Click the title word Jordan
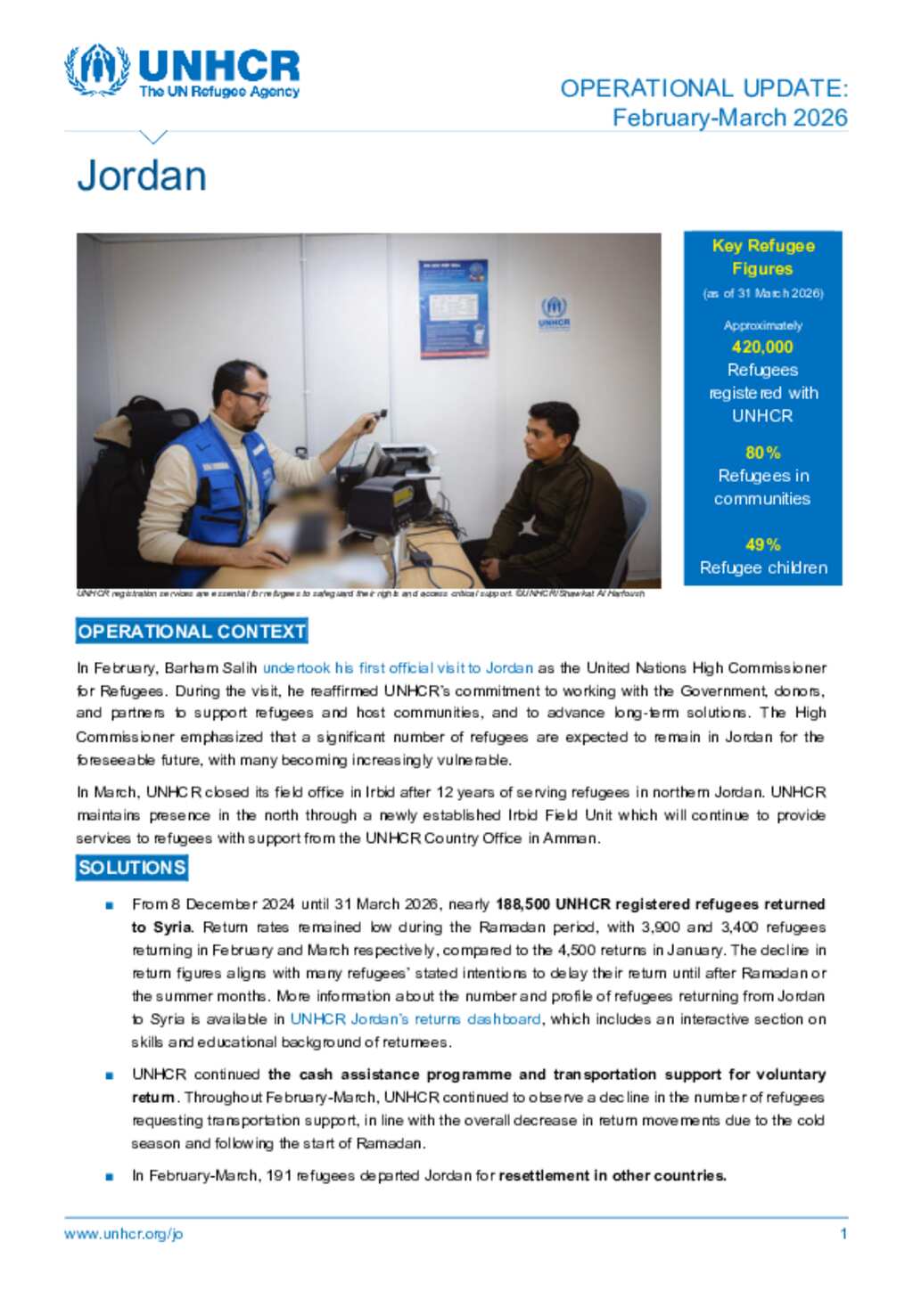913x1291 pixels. [142, 176]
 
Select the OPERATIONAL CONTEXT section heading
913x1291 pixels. [192, 632]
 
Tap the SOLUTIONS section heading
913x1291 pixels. [132, 868]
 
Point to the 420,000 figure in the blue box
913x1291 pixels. [762, 347]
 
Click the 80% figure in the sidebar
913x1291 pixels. [762, 453]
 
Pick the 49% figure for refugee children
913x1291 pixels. [762, 544]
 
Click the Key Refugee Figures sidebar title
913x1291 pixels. [762, 257]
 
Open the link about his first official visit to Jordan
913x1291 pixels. [398, 668]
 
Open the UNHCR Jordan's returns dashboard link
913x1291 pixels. [415, 1019]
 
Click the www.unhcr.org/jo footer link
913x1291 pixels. [123, 1234]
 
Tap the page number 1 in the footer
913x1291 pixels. [843, 1234]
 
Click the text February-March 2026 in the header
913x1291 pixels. [729, 118]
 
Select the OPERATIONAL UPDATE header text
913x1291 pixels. [703, 88]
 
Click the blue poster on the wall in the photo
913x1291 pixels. [453, 308]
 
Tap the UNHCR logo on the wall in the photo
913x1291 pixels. [554, 313]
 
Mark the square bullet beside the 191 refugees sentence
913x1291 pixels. [110, 1176]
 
